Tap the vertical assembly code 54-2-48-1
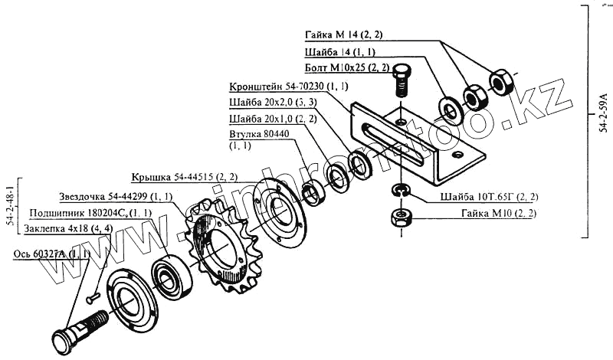point(10,205)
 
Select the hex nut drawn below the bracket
point(399,218)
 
